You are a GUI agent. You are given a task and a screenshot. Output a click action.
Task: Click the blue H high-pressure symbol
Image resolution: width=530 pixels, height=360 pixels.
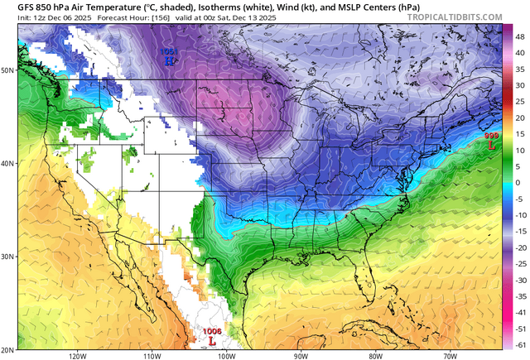169,60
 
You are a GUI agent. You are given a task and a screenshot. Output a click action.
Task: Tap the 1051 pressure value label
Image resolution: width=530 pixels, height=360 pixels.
168,51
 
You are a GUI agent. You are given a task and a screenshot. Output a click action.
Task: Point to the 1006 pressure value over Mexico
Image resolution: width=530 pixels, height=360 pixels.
213,331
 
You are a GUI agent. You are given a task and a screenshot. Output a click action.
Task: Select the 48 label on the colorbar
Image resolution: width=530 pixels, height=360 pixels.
518,38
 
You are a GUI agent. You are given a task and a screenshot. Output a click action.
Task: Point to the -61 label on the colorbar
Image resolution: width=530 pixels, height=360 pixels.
519,343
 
